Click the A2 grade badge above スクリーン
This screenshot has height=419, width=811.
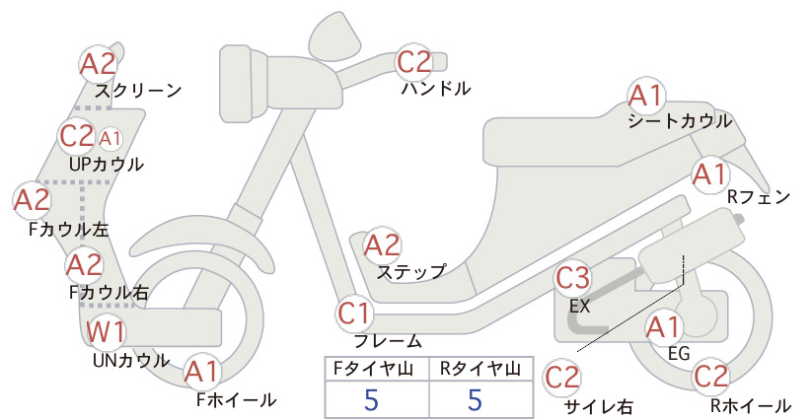click(99, 64)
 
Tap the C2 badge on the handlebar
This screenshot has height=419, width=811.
click(413, 62)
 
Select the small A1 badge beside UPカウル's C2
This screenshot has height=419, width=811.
click(110, 138)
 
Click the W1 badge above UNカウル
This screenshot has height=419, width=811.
click(106, 331)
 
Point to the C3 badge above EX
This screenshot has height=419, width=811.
click(572, 279)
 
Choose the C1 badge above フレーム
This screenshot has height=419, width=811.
click(355, 314)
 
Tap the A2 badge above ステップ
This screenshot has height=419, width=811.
click(382, 245)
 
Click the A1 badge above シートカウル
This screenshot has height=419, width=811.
click(646, 96)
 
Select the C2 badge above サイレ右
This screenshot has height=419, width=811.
click(562, 378)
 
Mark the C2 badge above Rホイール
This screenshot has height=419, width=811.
click(710, 377)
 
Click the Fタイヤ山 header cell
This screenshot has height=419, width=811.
click(377, 369)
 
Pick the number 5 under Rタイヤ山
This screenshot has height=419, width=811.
click(475, 399)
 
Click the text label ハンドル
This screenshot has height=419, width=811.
click(436, 89)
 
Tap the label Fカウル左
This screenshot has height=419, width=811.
click(69, 230)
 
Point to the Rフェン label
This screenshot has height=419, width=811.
click(759, 197)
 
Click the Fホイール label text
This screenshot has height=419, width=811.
click(236, 400)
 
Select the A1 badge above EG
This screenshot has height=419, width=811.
click(665, 327)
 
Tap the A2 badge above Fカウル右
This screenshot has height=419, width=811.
click(84, 265)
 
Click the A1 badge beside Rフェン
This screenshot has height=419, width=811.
click(710, 175)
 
